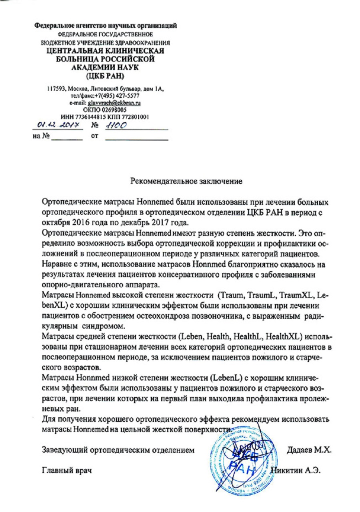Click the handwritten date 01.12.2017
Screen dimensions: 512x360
coord(55,127)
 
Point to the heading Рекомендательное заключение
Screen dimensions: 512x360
coord(186,181)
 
